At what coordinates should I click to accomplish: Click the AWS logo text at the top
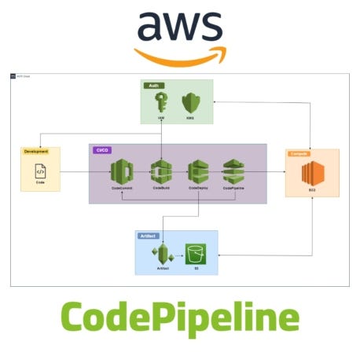179,28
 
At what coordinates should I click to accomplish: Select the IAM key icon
160,103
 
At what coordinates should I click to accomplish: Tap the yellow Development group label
36,151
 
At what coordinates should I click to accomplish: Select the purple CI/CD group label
102,149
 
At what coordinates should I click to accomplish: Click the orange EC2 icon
313,174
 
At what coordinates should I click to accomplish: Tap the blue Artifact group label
148,235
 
